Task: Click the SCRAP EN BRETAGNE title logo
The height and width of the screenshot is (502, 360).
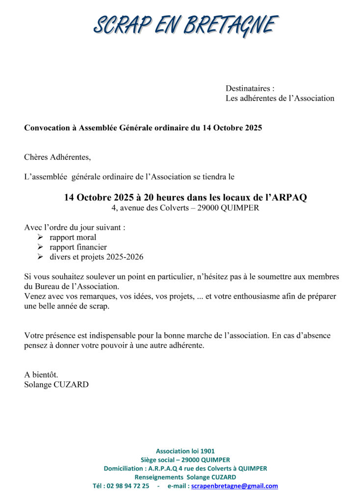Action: tap(185, 24)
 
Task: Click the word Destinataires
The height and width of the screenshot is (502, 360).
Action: tap(248, 89)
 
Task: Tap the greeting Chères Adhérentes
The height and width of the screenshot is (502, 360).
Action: tap(57, 157)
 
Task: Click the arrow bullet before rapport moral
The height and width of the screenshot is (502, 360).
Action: tap(40, 237)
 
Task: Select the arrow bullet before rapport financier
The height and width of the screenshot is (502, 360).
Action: tap(40, 247)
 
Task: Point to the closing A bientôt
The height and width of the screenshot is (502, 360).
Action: tap(41, 375)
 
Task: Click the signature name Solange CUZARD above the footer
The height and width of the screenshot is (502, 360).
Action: tap(56, 385)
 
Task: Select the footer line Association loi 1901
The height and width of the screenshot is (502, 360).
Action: tap(185, 451)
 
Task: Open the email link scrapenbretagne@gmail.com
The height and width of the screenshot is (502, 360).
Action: tap(234, 486)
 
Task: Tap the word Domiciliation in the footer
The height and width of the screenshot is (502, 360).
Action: tap(124, 469)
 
